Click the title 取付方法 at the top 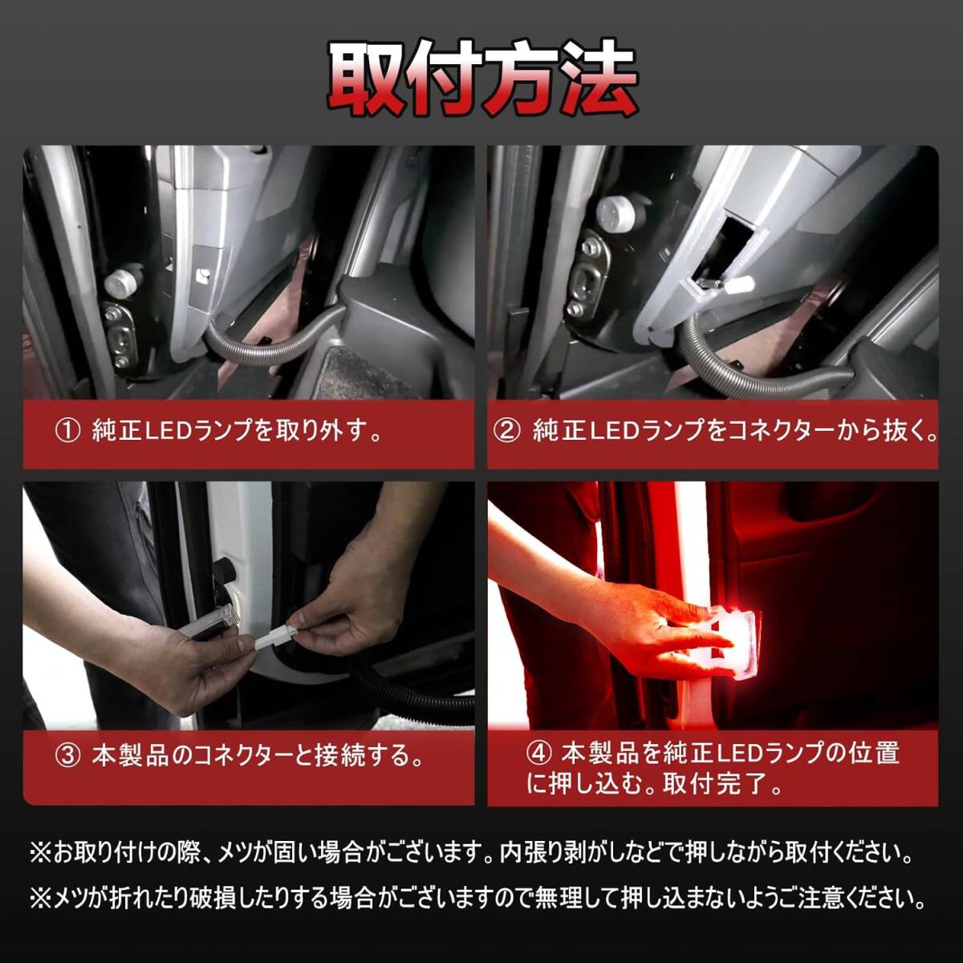[x=482, y=80]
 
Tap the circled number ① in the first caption [x=67, y=432]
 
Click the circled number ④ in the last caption [x=538, y=754]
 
